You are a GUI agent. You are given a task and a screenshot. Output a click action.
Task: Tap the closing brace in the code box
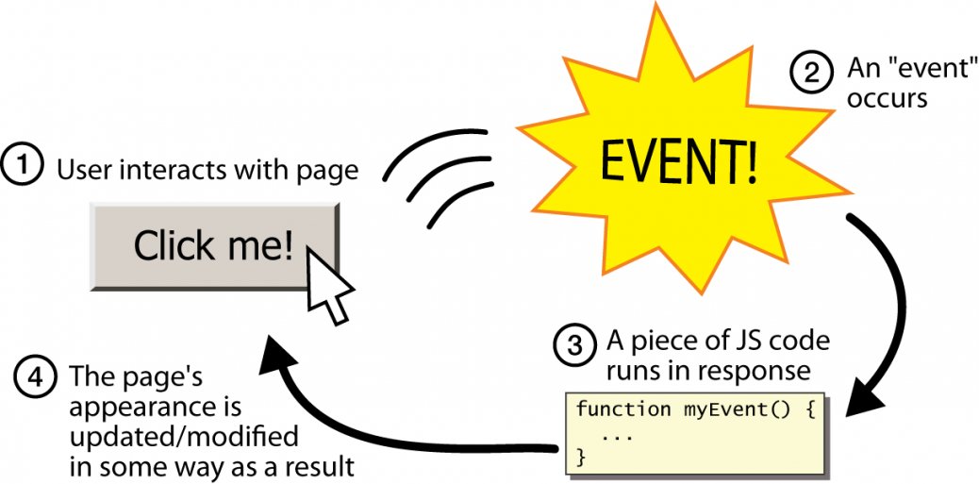tap(581, 457)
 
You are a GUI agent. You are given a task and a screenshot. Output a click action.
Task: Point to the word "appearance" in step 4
tap(157, 409)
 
